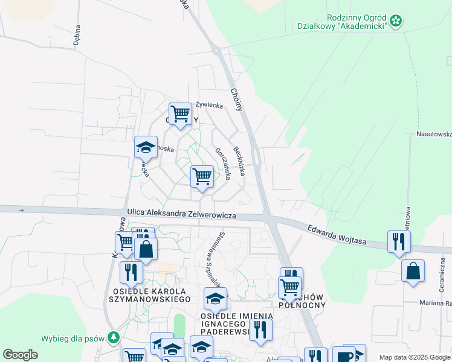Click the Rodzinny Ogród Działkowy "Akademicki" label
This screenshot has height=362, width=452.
(354, 23)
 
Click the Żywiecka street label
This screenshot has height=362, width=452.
(210, 105)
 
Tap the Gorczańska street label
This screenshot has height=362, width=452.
(222, 162)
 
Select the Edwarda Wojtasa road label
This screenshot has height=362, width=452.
(337, 234)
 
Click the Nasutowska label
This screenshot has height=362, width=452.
(434, 134)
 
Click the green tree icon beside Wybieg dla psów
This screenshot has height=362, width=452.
(112, 337)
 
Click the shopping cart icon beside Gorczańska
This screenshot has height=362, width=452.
(202, 177)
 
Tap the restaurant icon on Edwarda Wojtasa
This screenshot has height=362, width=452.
(399, 241)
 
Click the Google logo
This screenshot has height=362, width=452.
(20, 355)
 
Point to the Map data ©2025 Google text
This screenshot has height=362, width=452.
(414, 357)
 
